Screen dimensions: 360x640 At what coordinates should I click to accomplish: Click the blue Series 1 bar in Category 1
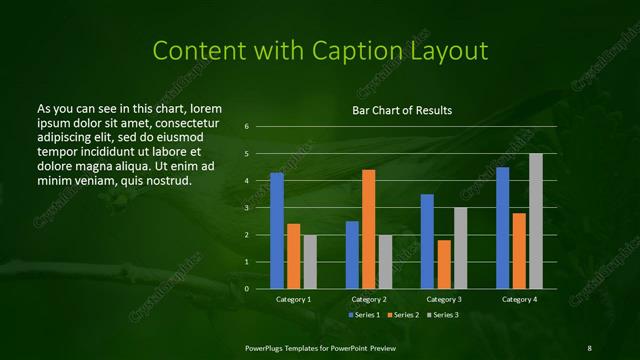[x=277, y=230]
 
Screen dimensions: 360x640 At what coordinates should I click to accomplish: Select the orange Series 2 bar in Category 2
[x=368, y=229]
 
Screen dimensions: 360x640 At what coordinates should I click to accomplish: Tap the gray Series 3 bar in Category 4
[x=535, y=221]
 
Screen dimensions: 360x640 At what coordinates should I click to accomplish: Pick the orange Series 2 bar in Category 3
[x=444, y=264]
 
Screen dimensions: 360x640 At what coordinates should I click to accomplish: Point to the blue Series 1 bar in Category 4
[x=502, y=228]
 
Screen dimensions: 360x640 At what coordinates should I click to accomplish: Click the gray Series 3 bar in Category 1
[x=310, y=261]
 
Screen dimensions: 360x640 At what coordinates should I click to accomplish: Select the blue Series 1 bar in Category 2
[x=352, y=255]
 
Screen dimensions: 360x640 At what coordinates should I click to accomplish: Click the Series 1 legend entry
[x=364, y=315]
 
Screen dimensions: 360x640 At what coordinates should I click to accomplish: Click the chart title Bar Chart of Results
[x=402, y=110]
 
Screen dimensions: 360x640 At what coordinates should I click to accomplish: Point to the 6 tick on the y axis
[x=246, y=127]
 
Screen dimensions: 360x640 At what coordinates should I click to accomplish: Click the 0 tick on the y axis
[x=246, y=289]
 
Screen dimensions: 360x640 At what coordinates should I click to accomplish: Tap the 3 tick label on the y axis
[x=246, y=208]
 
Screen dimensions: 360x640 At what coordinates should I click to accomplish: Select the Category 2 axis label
[x=369, y=299]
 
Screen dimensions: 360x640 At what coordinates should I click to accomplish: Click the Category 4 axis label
[x=518, y=299]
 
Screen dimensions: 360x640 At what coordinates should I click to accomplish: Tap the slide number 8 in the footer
[x=589, y=347]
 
